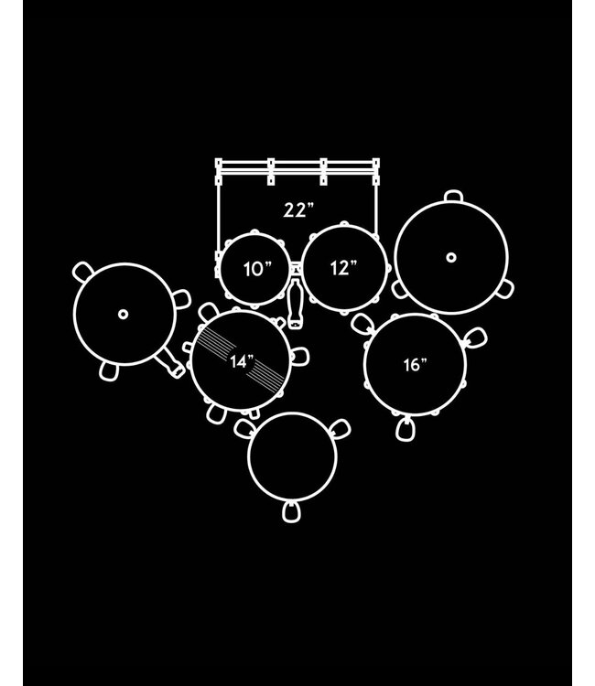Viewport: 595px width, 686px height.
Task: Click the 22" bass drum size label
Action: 298,210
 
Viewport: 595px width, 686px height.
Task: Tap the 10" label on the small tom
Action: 257,269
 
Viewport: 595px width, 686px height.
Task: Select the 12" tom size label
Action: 343,268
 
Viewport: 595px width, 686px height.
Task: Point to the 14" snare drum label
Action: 242,362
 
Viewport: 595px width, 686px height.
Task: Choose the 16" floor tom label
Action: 415,364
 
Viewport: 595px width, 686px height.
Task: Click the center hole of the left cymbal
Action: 124,314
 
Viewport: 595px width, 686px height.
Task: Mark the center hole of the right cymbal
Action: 451,257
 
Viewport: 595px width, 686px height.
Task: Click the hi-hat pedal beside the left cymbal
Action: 170,363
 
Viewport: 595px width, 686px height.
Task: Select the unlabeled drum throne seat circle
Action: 292,456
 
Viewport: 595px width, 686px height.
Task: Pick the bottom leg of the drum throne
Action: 292,511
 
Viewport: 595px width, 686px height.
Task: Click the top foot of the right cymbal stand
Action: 453,196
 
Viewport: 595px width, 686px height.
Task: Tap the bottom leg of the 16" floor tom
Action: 406,429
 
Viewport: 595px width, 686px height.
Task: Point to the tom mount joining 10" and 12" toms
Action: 296,268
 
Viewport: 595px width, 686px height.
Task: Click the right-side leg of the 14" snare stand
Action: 300,357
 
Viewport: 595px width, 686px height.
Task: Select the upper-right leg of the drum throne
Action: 341,429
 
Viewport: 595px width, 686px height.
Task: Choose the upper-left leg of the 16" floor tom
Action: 362,323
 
